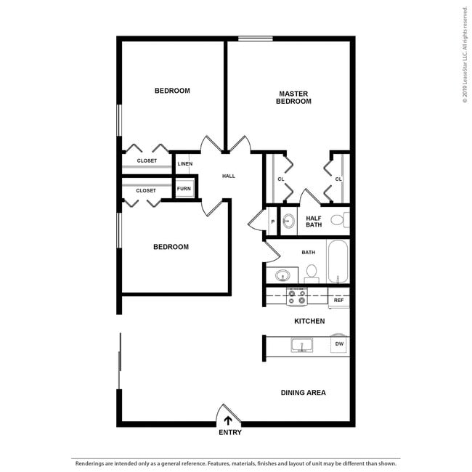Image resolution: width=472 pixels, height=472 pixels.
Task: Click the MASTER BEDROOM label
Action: tap(293, 97)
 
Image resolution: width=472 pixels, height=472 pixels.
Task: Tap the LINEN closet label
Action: tap(185, 164)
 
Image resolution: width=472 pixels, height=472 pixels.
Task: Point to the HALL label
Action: tap(229, 176)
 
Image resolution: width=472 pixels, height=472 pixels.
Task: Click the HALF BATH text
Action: tap(314, 221)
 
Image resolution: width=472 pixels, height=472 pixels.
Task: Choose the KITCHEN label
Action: tap(309, 321)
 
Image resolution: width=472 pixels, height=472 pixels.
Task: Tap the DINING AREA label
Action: tap(303, 393)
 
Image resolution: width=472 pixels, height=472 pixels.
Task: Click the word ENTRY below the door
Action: tap(229, 433)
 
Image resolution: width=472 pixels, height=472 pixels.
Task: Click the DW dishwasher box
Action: tap(338, 344)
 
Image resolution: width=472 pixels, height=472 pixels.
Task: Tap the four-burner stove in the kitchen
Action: tap(297, 296)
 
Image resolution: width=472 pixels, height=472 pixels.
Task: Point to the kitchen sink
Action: tap(301, 345)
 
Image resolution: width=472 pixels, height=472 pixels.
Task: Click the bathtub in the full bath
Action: tap(338, 262)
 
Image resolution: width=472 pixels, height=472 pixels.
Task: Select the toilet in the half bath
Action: tap(338, 220)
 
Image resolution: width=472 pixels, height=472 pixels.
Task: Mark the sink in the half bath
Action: tap(288, 221)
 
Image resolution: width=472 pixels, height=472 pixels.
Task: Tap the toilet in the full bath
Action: tap(312, 272)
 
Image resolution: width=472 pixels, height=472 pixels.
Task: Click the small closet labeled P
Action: tap(272, 221)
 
